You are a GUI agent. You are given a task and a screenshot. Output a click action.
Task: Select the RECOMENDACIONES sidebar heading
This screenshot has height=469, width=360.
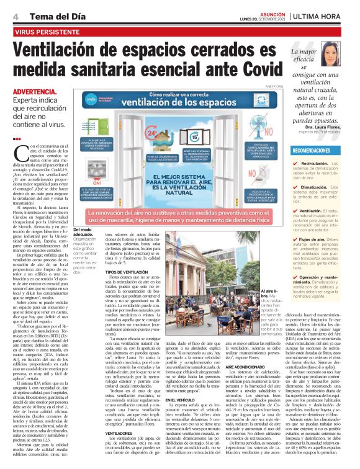313,151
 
